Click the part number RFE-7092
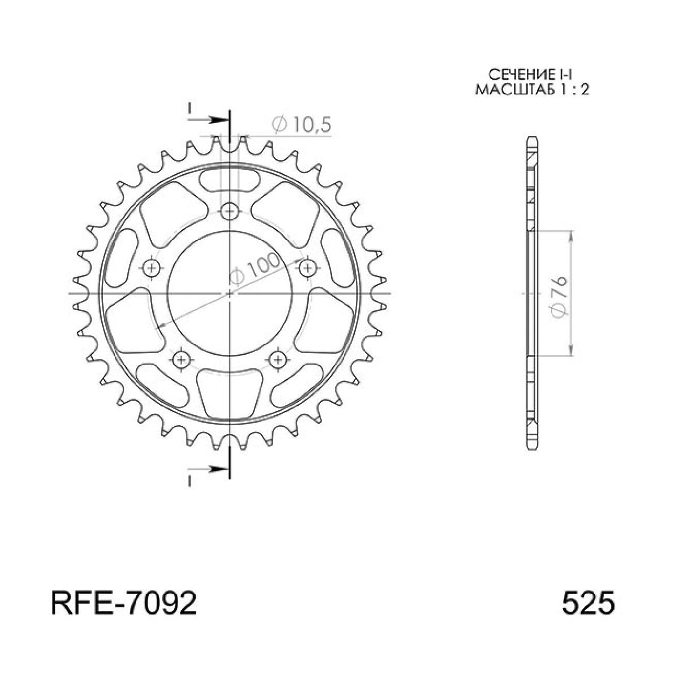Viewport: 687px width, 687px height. (124, 605)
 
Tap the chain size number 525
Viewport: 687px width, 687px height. (587, 605)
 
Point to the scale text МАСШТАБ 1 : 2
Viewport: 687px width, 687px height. (531, 89)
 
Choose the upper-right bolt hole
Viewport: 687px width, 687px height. (307, 267)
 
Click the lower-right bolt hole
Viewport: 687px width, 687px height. (277, 358)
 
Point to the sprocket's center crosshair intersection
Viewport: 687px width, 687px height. (229, 294)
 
